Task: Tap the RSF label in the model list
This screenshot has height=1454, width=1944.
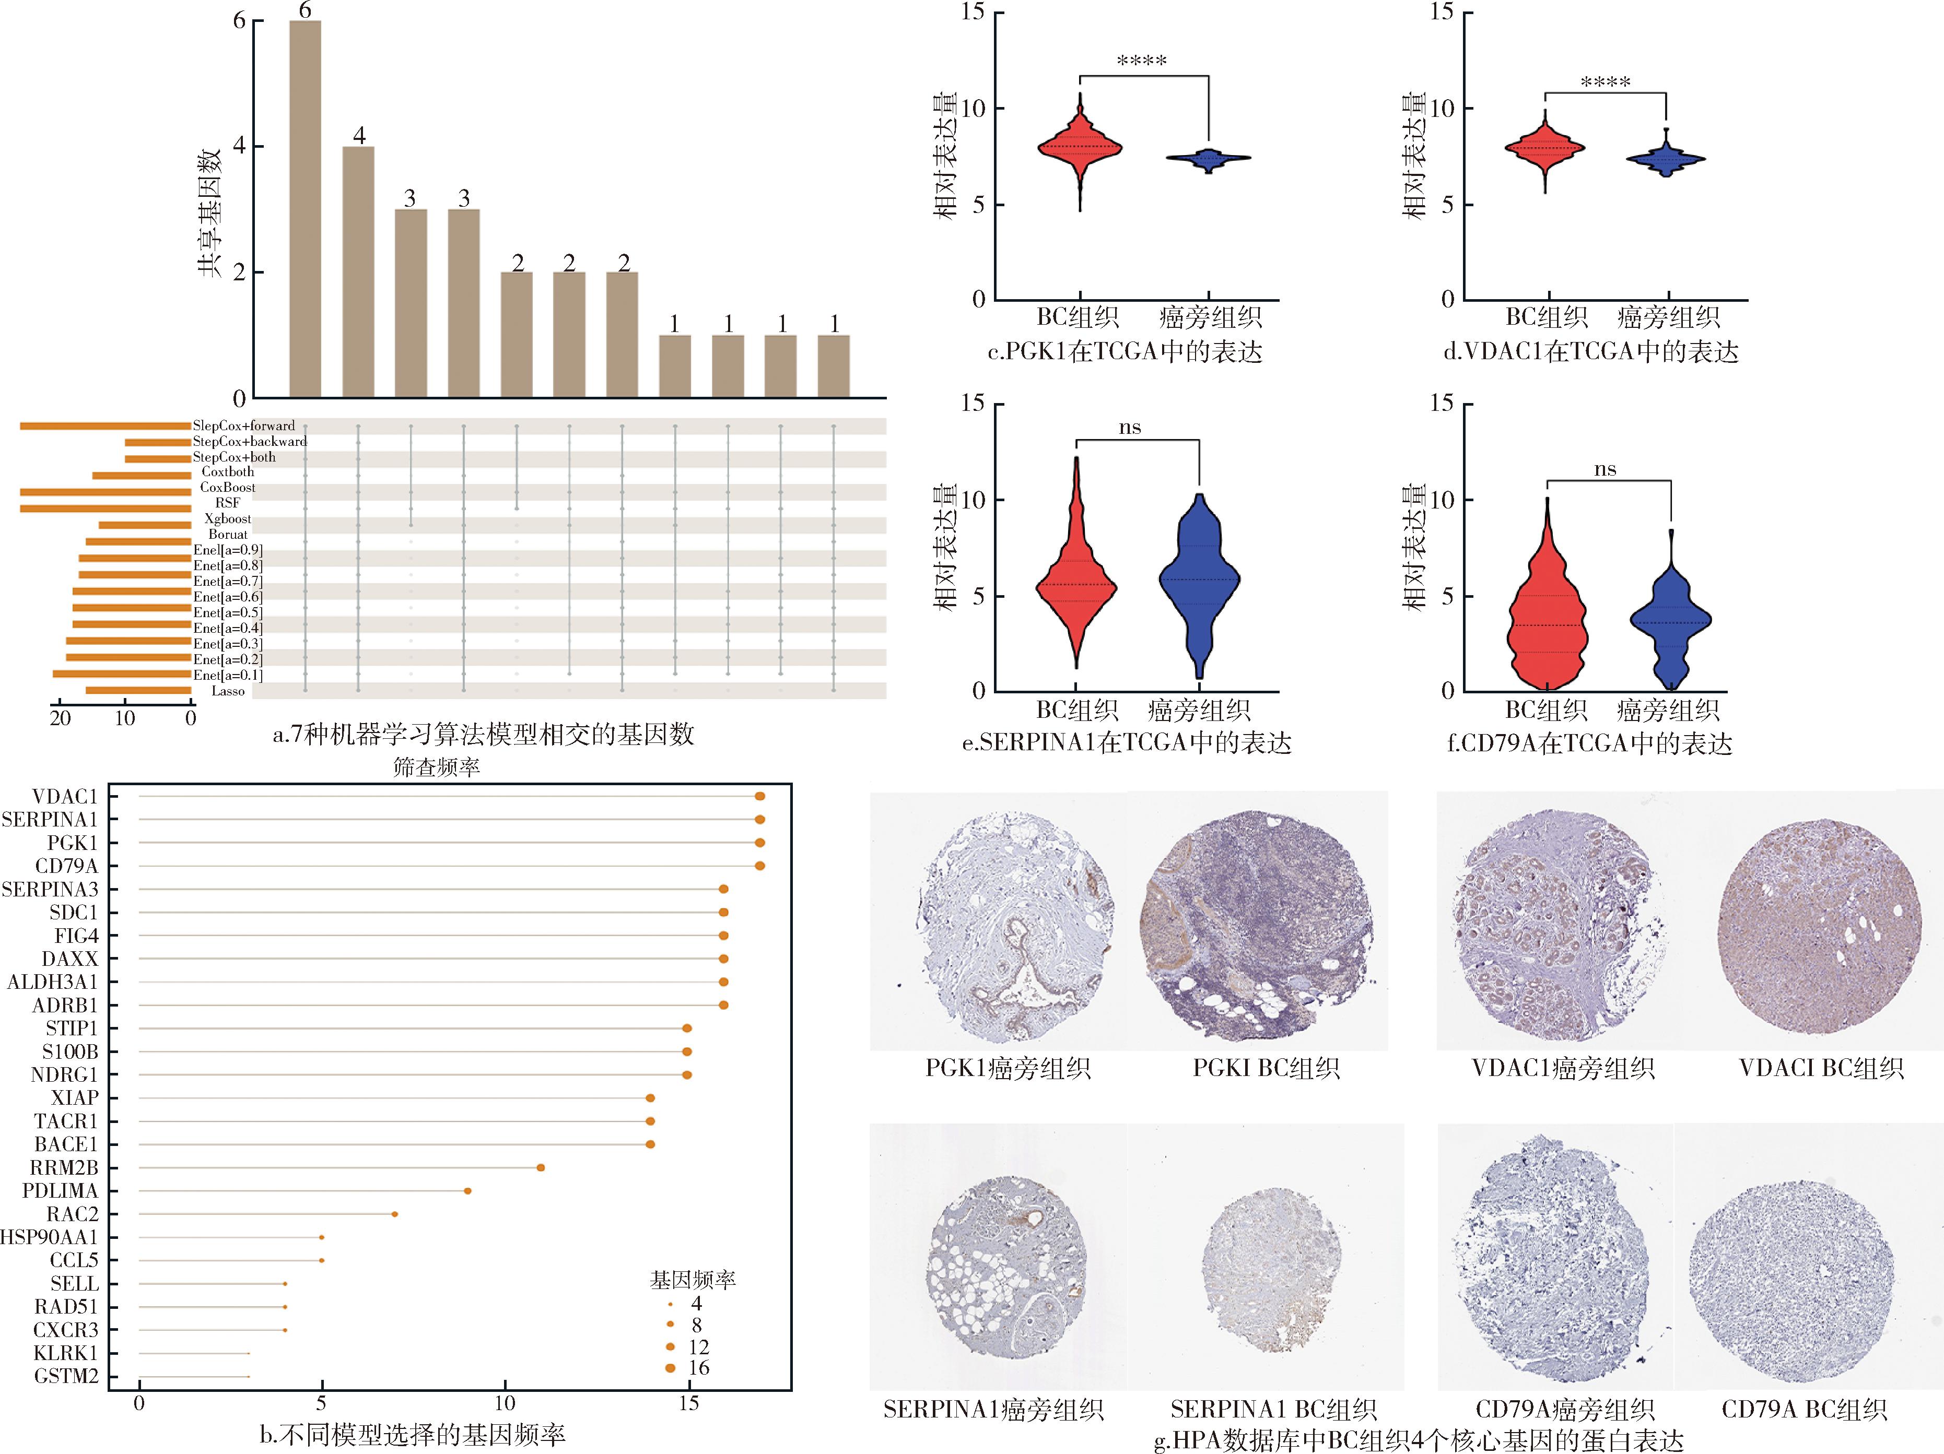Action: [228, 503]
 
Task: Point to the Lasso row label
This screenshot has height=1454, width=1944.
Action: [228, 691]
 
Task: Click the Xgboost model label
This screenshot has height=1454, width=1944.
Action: [228, 518]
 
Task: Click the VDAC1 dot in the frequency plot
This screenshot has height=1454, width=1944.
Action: [759, 796]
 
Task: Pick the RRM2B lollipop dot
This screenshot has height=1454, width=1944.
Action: [541, 1167]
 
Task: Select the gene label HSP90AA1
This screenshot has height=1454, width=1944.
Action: [49, 1237]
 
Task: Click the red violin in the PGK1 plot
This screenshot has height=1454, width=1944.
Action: [1079, 148]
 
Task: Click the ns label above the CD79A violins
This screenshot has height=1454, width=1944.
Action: [1605, 469]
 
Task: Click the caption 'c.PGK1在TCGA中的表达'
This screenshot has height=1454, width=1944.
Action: [1125, 352]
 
